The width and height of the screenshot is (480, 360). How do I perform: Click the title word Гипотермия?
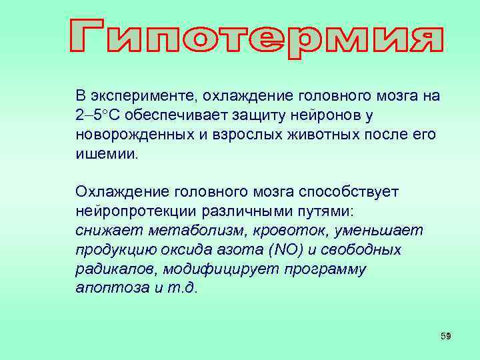point(256,34)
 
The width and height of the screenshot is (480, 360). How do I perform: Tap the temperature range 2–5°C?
point(98,115)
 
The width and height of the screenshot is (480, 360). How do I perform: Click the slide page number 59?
point(446,336)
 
